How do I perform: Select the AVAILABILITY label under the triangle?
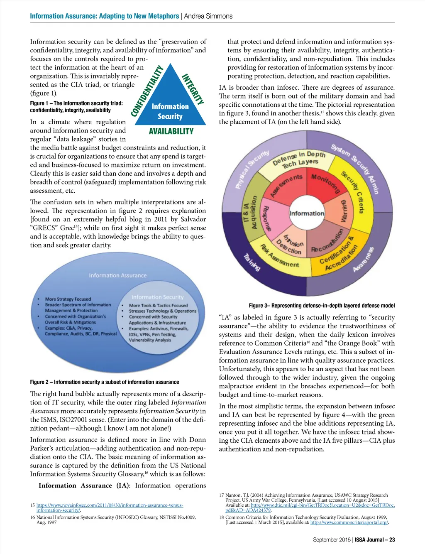(x=171, y=131)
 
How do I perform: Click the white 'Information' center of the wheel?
(x=307, y=213)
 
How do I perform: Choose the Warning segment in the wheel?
(x=344, y=211)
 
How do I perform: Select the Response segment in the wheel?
(x=267, y=218)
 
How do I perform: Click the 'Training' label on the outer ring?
(x=252, y=262)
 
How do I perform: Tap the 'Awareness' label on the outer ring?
(x=363, y=260)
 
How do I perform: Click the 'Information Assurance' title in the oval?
(x=117, y=275)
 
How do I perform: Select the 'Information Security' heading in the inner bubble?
(x=157, y=297)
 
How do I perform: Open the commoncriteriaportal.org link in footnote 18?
(x=349, y=522)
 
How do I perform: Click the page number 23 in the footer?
(x=392, y=540)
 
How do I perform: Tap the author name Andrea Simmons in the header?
(x=208, y=16)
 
